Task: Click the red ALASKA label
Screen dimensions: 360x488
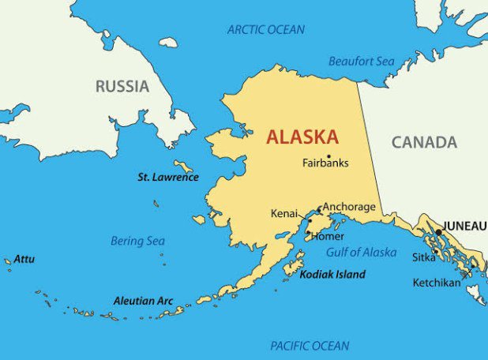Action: pyautogui.click(x=302, y=137)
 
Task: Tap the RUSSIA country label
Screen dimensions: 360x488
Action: pyautogui.click(x=122, y=86)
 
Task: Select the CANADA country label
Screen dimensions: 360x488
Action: pyautogui.click(x=424, y=142)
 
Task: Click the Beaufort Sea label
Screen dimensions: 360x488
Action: pyautogui.click(x=361, y=61)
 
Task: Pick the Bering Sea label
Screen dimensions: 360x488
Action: pyautogui.click(x=137, y=241)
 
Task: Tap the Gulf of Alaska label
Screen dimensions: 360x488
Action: pyautogui.click(x=362, y=253)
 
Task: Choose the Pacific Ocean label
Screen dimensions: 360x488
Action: pyautogui.click(x=309, y=346)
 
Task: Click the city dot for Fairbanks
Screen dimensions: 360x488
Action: pyautogui.click(x=328, y=156)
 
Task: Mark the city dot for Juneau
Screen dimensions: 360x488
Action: pyautogui.click(x=439, y=232)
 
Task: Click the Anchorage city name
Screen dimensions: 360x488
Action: pyautogui.click(x=349, y=207)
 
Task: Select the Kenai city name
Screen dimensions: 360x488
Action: pyautogui.click(x=283, y=214)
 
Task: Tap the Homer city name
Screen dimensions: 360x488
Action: pyautogui.click(x=327, y=236)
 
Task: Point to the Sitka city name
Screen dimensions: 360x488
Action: pyautogui.click(x=423, y=257)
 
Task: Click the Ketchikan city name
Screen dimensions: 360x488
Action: pyautogui.click(x=436, y=283)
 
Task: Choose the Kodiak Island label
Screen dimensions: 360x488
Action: pyautogui.click(x=332, y=275)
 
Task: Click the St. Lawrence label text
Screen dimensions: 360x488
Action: pyautogui.click(x=167, y=177)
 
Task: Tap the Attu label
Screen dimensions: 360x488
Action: pyautogui.click(x=24, y=258)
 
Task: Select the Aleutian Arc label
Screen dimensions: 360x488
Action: pyautogui.click(x=143, y=301)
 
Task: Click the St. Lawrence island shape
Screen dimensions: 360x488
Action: pyautogui.click(x=184, y=167)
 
